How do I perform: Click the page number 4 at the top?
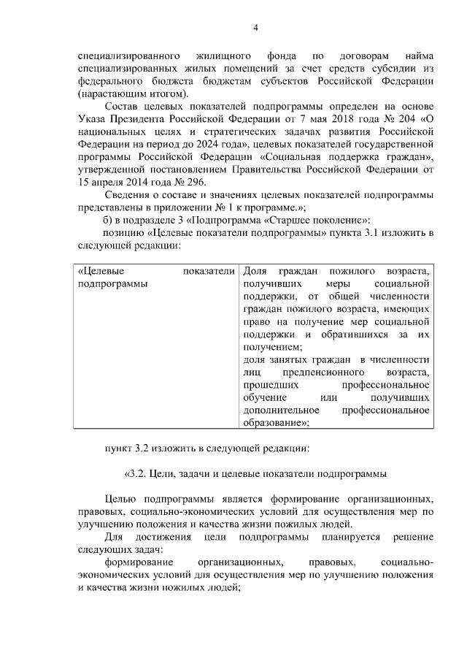255,28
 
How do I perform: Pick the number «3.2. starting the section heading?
135,473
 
